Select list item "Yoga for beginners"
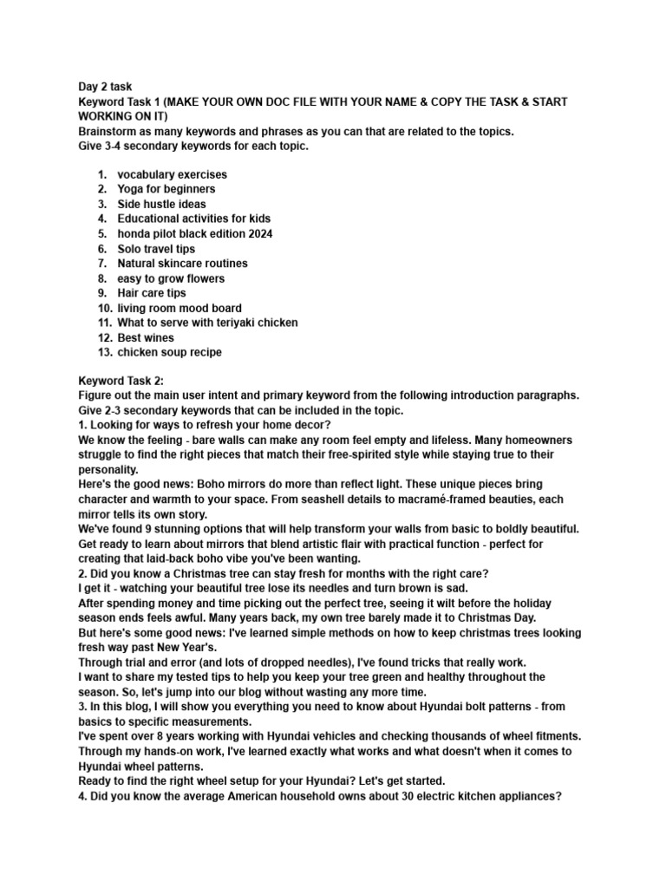[166, 189]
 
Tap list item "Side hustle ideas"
[161, 204]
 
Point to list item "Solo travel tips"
[156, 249]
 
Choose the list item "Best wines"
[146, 337]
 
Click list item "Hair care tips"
[152, 293]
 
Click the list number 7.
[101, 264]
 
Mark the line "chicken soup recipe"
[169, 352]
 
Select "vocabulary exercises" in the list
[173, 174]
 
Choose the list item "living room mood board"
[180, 308]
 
